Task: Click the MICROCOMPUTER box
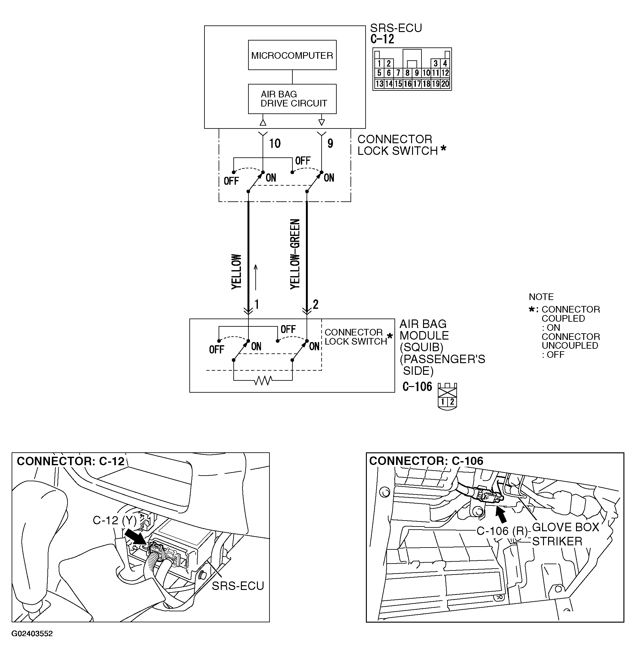click(292, 55)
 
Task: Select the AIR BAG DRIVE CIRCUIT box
click(292, 99)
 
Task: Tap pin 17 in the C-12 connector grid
click(417, 84)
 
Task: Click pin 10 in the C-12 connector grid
click(426, 73)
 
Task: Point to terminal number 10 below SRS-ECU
click(275, 144)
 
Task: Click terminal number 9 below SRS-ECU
click(330, 144)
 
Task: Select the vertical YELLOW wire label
click(236, 271)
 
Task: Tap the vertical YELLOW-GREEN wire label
click(295, 254)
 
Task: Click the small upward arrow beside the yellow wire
click(256, 277)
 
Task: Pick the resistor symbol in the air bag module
click(263, 380)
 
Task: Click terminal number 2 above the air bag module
click(315, 304)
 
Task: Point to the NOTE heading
click(541, 297)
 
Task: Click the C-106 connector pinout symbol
click(447, 396)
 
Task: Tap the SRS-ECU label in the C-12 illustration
click(238, 586)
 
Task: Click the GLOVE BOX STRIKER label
click(565, 534)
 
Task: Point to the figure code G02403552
click(32, 634)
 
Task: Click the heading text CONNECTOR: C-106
click(426, 461)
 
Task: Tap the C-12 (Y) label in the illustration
click(114, 521)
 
